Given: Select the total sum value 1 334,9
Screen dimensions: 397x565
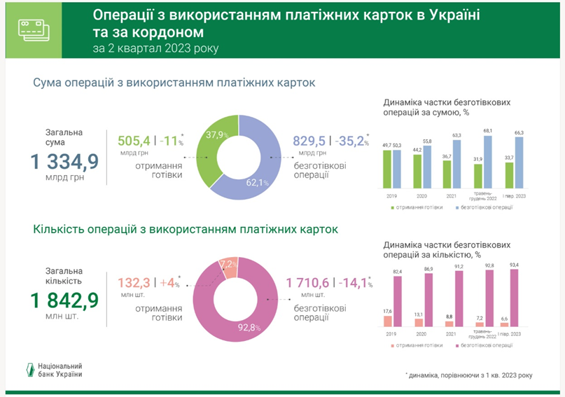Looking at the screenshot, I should tap(64, 163).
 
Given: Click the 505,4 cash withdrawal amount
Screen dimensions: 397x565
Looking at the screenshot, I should tap(133, 143).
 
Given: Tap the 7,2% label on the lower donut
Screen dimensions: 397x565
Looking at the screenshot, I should tap(229, 265).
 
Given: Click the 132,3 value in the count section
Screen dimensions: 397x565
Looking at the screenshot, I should tap(133, 284).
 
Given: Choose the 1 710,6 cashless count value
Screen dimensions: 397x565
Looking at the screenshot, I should tap(312, 284).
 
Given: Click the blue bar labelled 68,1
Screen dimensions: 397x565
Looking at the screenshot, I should tap(489, 162).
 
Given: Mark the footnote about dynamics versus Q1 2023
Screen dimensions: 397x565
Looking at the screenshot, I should tap(468, 376).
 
